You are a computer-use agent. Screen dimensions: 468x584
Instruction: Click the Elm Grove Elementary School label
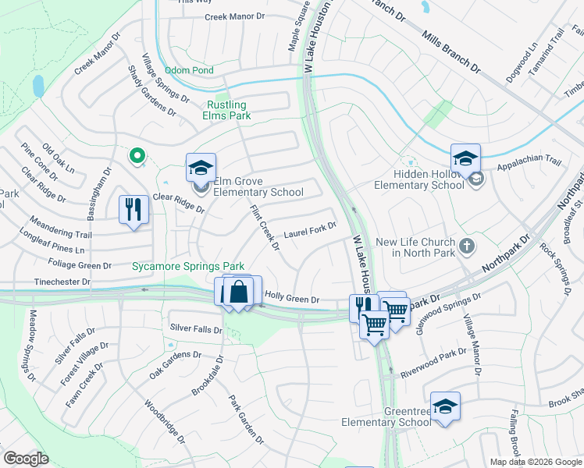click(x=258, y=186)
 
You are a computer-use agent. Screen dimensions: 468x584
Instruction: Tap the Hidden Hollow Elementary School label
click(x=419, y=179)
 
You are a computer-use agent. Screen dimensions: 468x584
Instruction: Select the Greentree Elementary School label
click(x=385, y=417)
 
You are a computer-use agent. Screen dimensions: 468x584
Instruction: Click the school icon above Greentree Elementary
click(x=445, y=406)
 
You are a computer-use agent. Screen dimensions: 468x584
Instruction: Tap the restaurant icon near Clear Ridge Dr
click(x=134, y=209)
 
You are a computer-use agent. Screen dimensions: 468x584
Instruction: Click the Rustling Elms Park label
click(x=226, y=110)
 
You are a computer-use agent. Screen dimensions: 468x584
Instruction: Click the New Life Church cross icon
click(x=466, y=246)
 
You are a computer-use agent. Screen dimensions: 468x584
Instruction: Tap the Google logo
click(x=26, y=458)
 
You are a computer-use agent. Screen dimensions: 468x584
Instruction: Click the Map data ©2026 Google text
click(x=535, y=462)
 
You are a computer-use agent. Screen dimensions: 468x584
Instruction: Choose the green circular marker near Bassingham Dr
click(x=138, y=157)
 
